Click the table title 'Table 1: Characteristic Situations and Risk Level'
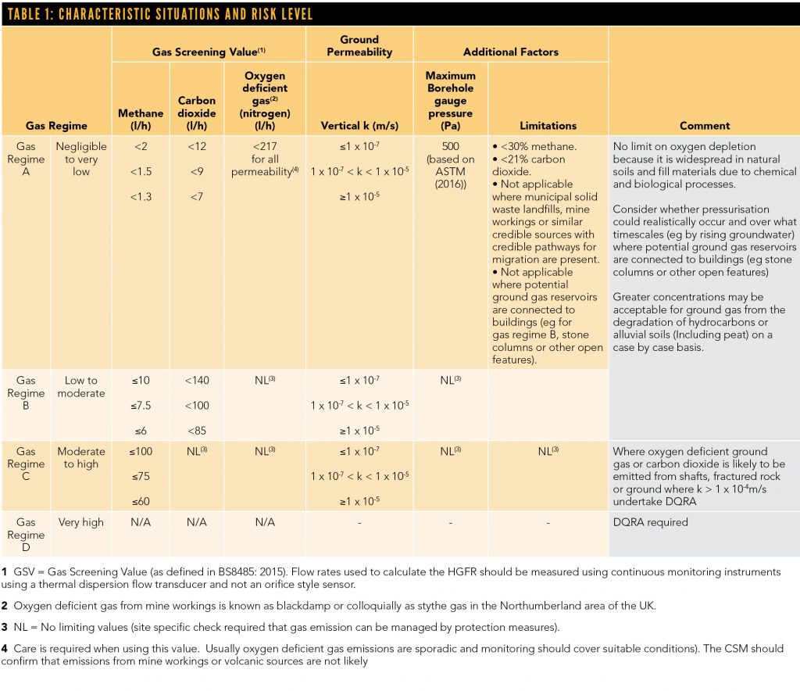(x=159, y=14)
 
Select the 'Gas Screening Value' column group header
(x=209, y=52)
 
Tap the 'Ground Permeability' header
(x=359, y=45)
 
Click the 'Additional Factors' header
(x=511, y=52)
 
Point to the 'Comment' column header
(x=704, y=125)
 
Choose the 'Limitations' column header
(x=548, y=125)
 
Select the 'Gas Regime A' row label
(x=27, y=159)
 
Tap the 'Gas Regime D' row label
(x=27, y=535)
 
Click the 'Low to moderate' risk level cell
(x=81, y=386)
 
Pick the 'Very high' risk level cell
(x=81, y=522)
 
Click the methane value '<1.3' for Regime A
(x=141, y=196)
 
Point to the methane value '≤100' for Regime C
(x=141, y=451)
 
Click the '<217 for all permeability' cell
(x=266, y=159)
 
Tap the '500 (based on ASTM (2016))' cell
(x=451, y=165)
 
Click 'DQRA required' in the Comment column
(x=650, y=522)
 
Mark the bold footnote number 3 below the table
(x=5, y=627)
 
